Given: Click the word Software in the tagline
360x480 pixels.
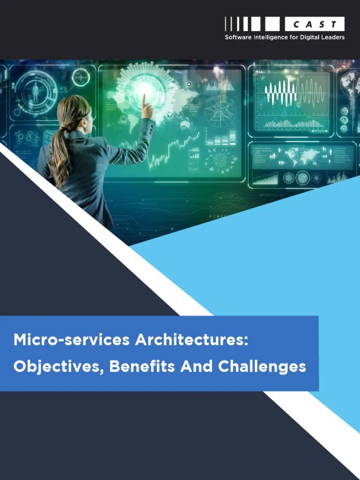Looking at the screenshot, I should tap(238, 37).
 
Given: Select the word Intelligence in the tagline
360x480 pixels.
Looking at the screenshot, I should tap(271, 37).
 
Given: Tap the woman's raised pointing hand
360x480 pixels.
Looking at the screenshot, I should tap(147, 108).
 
